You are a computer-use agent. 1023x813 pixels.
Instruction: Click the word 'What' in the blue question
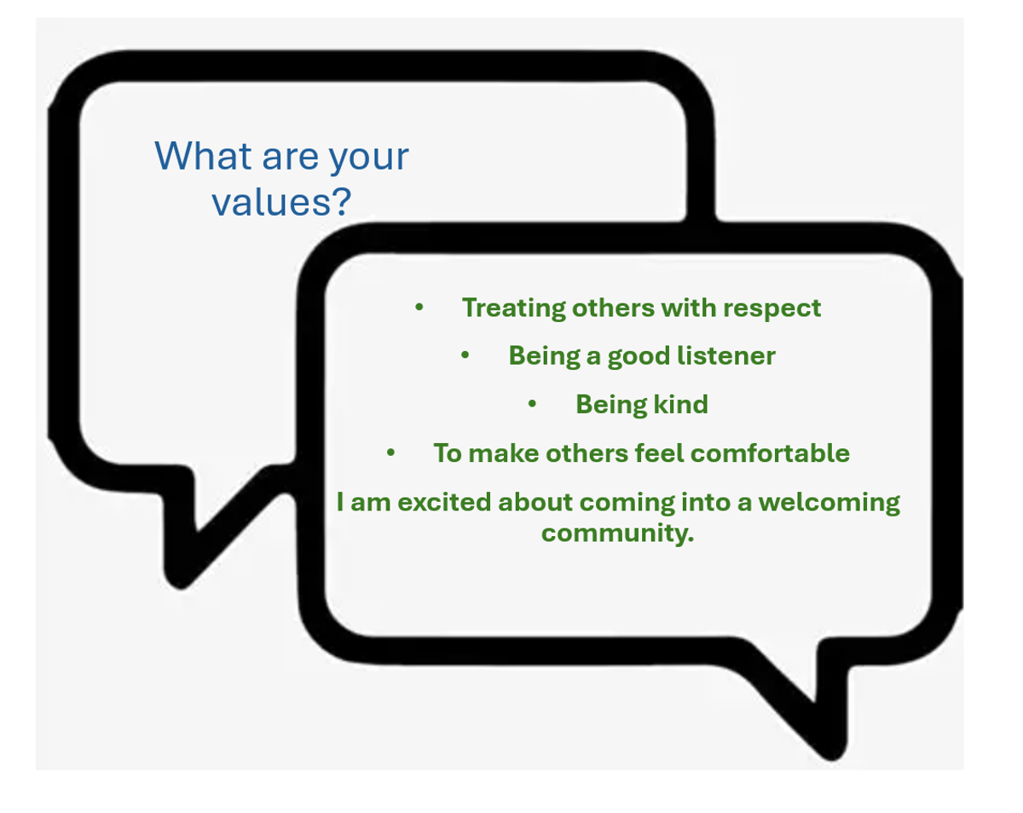click(x=203, y=155)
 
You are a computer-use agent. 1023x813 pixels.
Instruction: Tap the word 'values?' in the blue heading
click(x=281, y=202)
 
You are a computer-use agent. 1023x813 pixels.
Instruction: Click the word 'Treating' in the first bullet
click(x=513, y=308)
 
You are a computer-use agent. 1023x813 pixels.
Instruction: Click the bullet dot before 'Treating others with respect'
click(x=419, y=308)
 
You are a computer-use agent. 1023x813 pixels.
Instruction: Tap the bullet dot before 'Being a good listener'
click(x=465, y=355)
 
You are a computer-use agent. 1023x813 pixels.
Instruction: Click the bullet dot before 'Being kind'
click(x=532, y=404)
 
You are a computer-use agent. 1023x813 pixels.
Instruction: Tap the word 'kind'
click(x=681, y=404)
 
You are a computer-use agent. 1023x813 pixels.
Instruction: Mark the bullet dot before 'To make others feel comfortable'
click(x=390, y=453)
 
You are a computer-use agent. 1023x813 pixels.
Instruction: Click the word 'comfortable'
click(x=770, y=453)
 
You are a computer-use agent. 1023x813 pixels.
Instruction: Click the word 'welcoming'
click(x=829, y=503)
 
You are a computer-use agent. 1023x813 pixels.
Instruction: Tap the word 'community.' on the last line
click(x=617, y=533)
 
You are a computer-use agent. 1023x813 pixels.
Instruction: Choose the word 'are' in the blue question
click(x=290, y=159)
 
